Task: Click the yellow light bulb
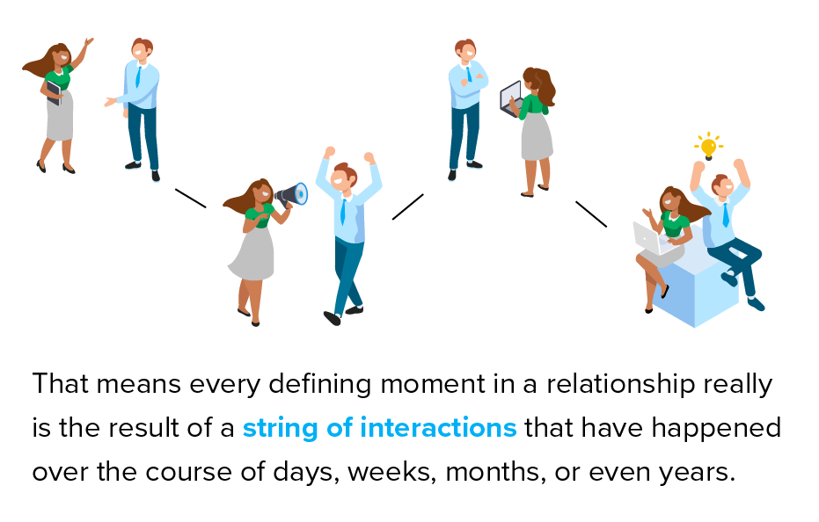708,147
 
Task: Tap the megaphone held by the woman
291,195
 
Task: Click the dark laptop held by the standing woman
512,99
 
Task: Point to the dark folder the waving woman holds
55,93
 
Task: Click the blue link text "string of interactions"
380,427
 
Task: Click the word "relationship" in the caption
620,384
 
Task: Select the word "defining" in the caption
320,384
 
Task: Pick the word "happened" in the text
716,428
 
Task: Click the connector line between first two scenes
191,199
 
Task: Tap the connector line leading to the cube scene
591,214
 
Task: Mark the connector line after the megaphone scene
408,207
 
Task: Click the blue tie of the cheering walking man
343,212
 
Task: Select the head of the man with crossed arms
464,50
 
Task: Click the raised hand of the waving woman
88,42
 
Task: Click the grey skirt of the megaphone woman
253,254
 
